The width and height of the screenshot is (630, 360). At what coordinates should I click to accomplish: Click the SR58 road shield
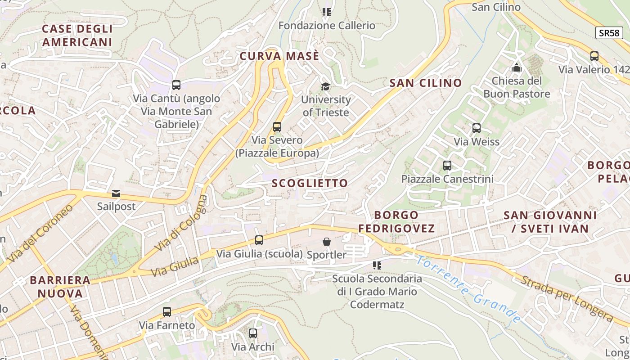[609, 33]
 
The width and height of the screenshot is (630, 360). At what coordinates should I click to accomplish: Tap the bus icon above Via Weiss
[477, 128]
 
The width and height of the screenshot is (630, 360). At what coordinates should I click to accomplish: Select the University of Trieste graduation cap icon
[325, 86]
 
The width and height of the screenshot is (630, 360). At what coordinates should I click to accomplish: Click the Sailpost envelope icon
[116, 193]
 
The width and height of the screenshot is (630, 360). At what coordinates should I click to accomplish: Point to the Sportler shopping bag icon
[327, 242]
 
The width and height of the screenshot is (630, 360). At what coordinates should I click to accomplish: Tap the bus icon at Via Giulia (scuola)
[259, 240]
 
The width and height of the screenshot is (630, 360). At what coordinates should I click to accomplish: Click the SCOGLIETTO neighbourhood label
[310, 183]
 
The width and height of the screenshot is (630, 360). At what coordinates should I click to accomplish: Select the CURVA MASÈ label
[279, 56]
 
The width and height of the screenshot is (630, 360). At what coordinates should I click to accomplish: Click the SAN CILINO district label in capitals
[426, 83]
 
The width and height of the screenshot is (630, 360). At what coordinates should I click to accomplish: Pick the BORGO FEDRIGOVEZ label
[396, 221]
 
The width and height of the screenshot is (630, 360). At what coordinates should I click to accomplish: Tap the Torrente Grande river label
[468, 290]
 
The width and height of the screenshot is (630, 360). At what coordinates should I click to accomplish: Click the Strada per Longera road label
[567, 299]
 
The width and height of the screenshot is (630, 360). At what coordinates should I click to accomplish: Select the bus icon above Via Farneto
[167, 311]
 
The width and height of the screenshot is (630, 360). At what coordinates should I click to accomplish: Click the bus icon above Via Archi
[253, 333]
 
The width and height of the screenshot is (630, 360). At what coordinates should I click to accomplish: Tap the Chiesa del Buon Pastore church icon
[517, 68]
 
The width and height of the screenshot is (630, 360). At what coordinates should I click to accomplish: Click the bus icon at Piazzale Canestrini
[447, 166]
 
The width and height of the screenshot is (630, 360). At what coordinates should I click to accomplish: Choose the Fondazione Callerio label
[327, 26]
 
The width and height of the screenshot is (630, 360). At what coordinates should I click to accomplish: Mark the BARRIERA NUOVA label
[60, 287]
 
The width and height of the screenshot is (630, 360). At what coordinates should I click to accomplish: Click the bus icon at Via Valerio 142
[594, 56]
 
